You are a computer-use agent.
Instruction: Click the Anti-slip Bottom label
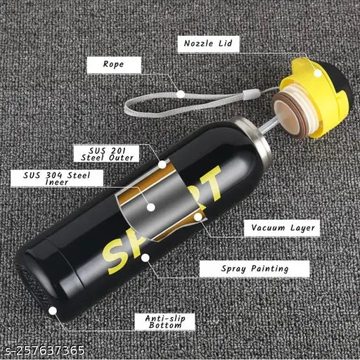point(165,321)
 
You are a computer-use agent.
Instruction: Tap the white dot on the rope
point(181,92)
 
